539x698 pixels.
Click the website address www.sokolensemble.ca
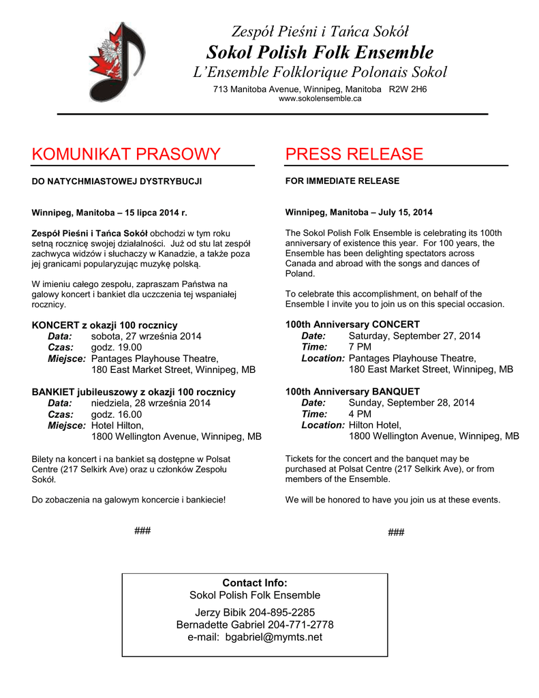pyautogui.click(x=320, y=99)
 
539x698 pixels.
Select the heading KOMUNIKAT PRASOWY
pyautogui.click(x=126, y=154)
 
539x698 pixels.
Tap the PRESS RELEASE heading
pyautogui.click(x=354, y=154)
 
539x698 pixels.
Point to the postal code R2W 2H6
pyautogui.click(x=407, y=89)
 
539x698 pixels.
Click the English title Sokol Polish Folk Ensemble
pyautogui.click(x=320, y=52)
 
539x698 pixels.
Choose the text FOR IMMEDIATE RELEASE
pyautogui.click(x=342, y=181)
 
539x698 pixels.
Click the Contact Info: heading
pyautogui.click(x=255, y=583)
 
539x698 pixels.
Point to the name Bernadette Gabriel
pyautogui.click(x=215, y=624)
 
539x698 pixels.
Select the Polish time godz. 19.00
pyautogui.click(x=117, y=347)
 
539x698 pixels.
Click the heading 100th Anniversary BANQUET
pyautogui.click(x=352, y=391)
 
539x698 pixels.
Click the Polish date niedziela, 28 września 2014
pyautogui.click(x=151, y=403)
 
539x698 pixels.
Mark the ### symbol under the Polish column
pyautogui.click(x=142, y=531)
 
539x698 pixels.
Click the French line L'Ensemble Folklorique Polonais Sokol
pyautogui.click(x=320, y=72)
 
